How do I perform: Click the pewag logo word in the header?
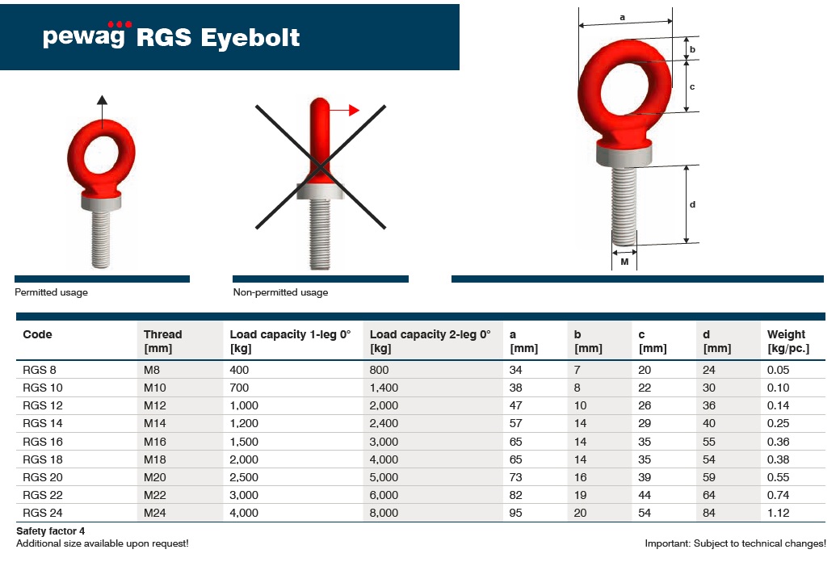(x=84, y=36)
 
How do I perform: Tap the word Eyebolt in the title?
(x=250, y=37)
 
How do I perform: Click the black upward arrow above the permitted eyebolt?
(x=103, y=111)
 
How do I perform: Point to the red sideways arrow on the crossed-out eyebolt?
(x=343, y=111)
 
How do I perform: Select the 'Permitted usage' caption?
(x=51, y=292)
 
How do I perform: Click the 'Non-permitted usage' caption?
(x=280, y=292)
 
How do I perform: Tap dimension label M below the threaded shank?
(x=624, y=262)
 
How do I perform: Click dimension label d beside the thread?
(x=692, y=204)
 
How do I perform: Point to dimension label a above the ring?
(x=622, y=17)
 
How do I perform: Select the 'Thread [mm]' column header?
(x=163, y=342)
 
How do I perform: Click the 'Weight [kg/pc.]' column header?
(x=788, y=342)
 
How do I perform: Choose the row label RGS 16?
(x=42, y=442)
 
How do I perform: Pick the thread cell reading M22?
(x=155, y=495)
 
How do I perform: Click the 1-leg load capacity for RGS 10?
(x=239, y=388)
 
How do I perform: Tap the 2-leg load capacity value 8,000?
(x=384, y=514)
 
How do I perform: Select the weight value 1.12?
(x=778, y=514)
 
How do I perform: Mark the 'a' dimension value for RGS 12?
(x=515, y=405)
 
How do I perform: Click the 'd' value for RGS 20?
(x=709, y=477)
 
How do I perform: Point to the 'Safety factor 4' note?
(x=50, y=531)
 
